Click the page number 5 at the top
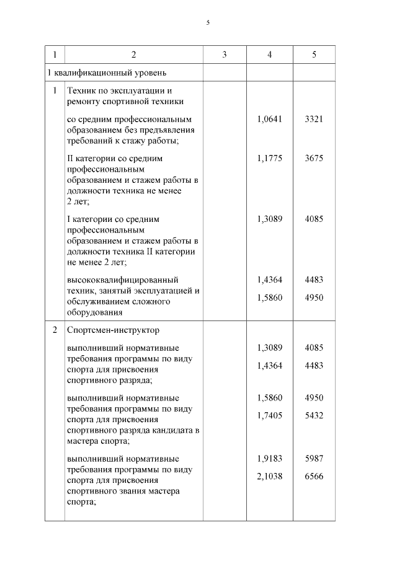(x=208, y=23)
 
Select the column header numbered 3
(x=225, y=55)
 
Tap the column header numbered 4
(x=269, y=55)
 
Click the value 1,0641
(x=269, y=119)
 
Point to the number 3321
(x=314, y=119)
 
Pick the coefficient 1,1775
(x=269, y=159)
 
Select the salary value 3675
(x=314, y=159)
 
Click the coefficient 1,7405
(x=269, y=416)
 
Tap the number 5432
(x=314, y=416)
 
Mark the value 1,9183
(x=269, y=459)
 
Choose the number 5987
(x=314, y=459)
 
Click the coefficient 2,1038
(x=269, y=477)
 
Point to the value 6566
(x=314, y=477)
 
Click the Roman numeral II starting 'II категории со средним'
(x=70, y=159)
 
